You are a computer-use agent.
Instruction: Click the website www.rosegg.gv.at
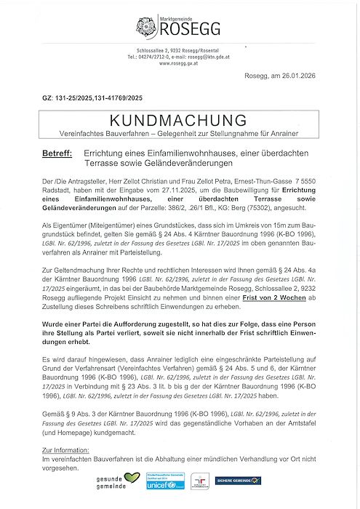[180, 63]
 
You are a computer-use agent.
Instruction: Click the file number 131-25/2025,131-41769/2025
[109, 97]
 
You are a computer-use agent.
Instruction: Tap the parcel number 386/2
[181, 206]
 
